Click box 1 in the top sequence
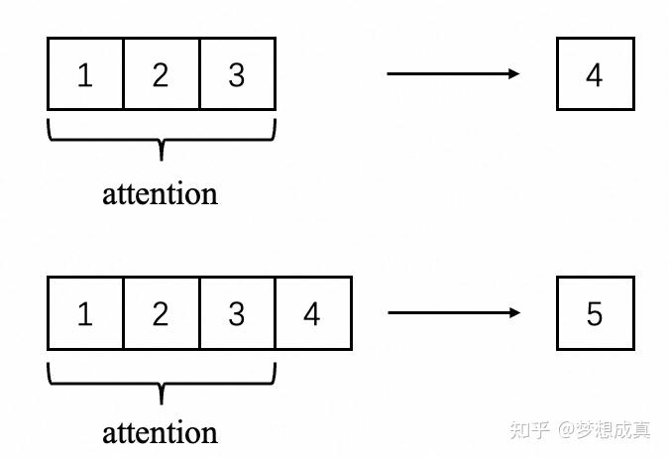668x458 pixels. [85, 74]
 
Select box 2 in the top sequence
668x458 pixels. [161, 74]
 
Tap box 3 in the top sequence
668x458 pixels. [237, 74]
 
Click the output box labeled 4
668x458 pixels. [595, 74]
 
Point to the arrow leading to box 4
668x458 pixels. [451, 73]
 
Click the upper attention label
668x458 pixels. [160, 193]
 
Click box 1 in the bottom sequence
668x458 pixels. [85, 313]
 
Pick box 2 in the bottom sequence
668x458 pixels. [161, 313]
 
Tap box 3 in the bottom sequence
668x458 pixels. [237, 313]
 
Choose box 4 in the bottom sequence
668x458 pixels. [313, 313]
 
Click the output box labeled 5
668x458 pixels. [595, 313]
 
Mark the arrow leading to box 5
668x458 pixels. [451, 313]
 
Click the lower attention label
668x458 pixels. [160, 432]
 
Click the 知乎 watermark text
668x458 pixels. [528, 430]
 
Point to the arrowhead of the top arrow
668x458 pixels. [513, 73]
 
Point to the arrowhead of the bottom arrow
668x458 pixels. [513, 313]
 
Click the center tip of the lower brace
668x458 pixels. [161, 400]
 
